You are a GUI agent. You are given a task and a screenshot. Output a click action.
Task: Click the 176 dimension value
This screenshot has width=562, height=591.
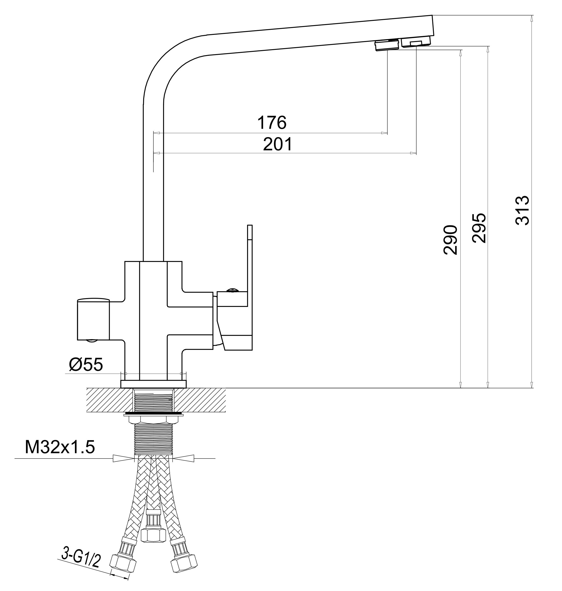tap(272, 123)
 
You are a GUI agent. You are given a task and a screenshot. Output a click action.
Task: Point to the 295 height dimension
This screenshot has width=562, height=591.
tap(479, 228)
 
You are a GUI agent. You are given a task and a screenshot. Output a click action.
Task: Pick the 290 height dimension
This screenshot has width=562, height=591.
tap(450, 240)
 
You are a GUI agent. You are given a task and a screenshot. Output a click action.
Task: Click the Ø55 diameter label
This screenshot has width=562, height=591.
tap(86, 365)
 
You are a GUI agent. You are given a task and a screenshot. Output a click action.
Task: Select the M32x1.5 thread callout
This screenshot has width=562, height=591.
tap(60, 447)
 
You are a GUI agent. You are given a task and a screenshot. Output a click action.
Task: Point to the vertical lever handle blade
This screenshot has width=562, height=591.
tap(250, 258)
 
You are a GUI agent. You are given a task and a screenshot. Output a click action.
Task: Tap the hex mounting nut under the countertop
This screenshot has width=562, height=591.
tap(153, 419)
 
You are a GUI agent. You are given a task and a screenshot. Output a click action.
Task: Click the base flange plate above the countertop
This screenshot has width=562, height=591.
tap(153, 384)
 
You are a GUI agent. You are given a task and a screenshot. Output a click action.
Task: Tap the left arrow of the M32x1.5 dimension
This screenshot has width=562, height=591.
tap(123, 458)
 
